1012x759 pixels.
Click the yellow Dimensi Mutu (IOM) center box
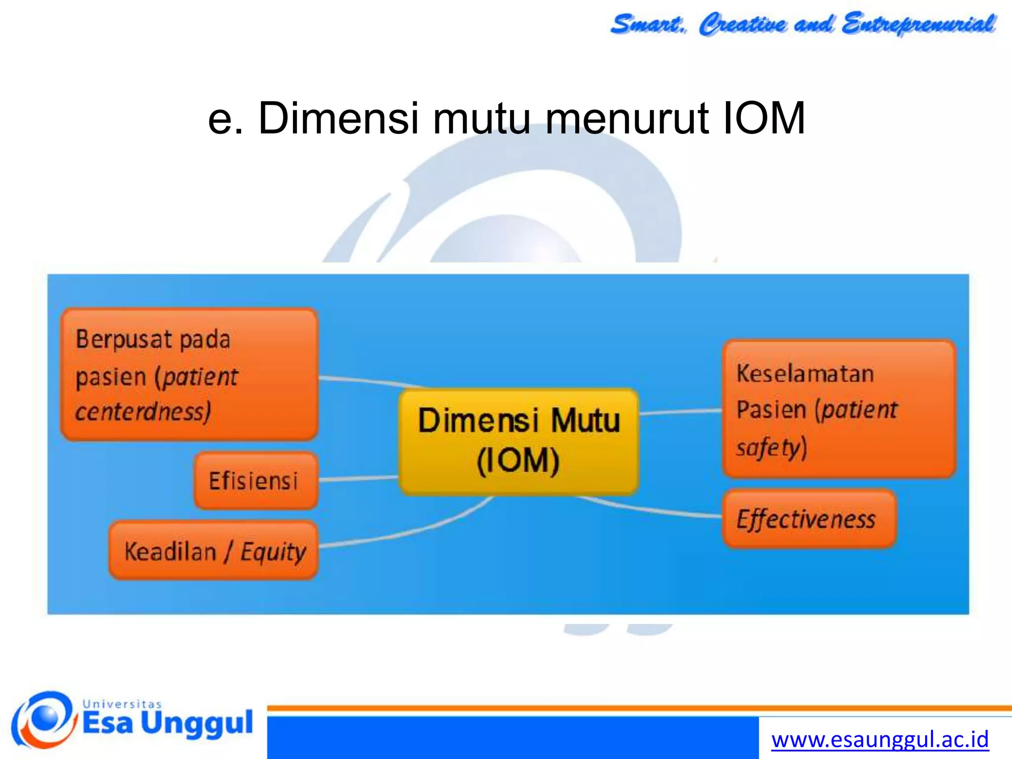point(518,441)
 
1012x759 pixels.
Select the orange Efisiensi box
point(255,481)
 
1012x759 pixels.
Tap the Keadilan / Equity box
point(213,550)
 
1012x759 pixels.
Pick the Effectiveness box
point(809,519)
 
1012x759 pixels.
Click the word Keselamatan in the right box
point(805,374)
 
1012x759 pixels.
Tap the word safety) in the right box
point(771,447)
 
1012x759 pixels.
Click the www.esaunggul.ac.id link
point(880,740)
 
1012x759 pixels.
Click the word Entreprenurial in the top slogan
point(919,24)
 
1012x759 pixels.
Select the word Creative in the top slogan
point(742,24)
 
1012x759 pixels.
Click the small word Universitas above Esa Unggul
point(122,704)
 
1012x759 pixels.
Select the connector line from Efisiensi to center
point(358,478)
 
